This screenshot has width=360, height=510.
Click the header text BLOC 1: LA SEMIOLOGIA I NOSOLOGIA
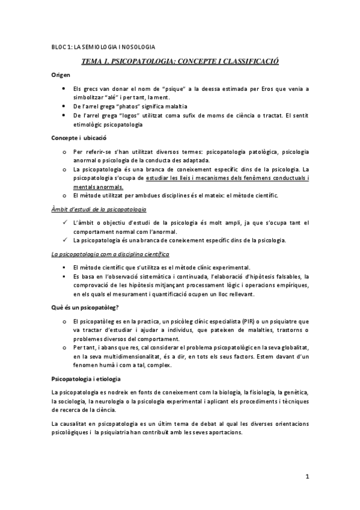[103, 46]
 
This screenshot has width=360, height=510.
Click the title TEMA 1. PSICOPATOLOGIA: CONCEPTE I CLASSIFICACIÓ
[180, 61]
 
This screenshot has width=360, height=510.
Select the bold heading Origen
[61, 75]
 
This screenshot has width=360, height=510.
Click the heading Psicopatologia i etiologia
[86, 379]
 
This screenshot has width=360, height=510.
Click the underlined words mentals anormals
[97, 187]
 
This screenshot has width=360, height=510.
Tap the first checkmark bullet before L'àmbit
[64, 223]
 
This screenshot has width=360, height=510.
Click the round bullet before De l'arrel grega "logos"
[64, 115]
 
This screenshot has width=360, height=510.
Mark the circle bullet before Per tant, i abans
[64, 348]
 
